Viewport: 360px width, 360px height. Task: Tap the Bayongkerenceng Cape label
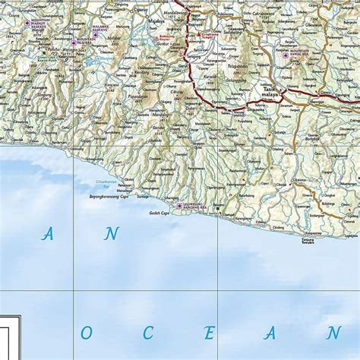(107, 196)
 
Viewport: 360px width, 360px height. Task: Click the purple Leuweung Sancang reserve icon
(179, 206)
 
